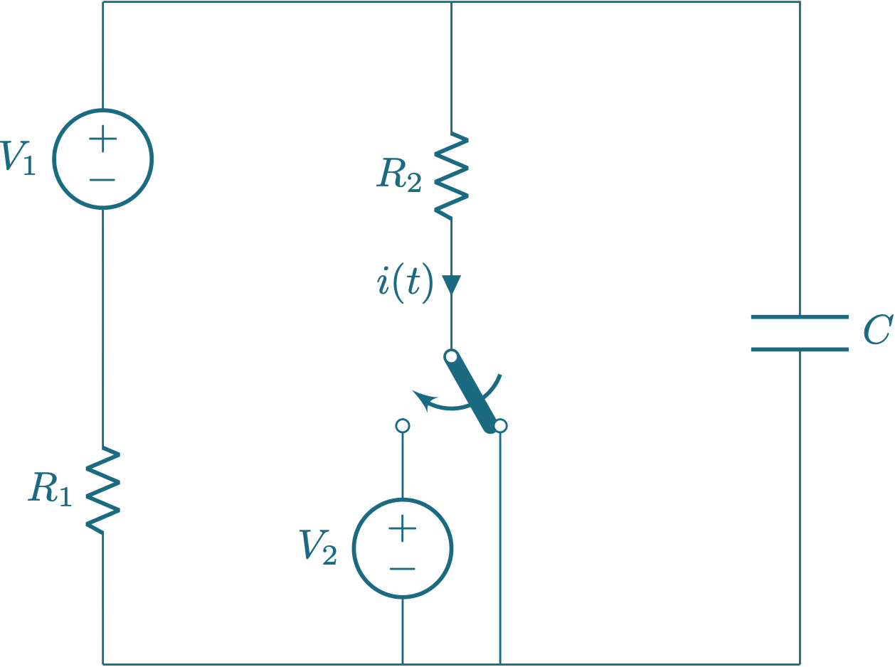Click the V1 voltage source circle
click(x=103, y=159)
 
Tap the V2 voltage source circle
click(x=403, y=548)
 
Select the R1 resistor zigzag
click(x=103, y=489)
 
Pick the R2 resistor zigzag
click(x=452, y=175)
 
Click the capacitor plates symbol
click(x=800, y=333)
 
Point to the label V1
click(x=18, y=158)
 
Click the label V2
click(x=318, y=548)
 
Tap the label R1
click(x=51, y=489)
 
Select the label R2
click(x=399, y=175)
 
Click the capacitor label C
click(x=877, y=331)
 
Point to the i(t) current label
click(x=404, y=284)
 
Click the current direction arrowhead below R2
click(x=452, y=285)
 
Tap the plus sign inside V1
click(x=103, y=139)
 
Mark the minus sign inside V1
click(x=103, y=179)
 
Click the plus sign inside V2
click(x=403, y=529)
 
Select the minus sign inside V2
click(x=403, y=569)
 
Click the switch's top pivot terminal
click(x=451, y=356)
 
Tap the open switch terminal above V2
click(x=403, y=425)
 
